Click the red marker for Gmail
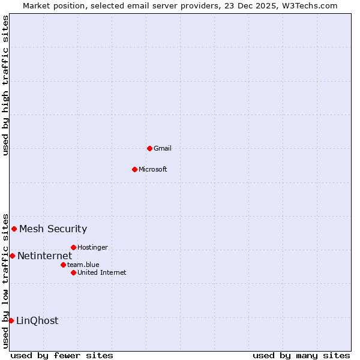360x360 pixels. [x=149, y=148]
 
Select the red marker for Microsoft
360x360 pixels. [x=134, y=169]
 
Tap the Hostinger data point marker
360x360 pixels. [x=73, y=247]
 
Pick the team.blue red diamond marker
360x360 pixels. [x=63, y=265]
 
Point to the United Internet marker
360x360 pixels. [x=73, y=272]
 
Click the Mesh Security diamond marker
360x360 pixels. [x=14, y=229]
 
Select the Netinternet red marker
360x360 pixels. [x=12, y=256]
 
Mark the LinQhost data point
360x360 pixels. [x=11, y=320]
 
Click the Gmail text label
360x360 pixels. [x=163, y=148]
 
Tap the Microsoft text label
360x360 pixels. [x=152, y=169]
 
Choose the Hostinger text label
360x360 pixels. [x=92, y=247]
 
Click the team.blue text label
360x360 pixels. [x=83, y=265]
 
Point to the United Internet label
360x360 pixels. [x=101, y=272]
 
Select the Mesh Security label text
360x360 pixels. [x=53, y=229]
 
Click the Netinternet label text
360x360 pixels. [x=44, y=256]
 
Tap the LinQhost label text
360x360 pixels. [x=37, y=321]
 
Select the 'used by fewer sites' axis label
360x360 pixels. [x=62, y=355]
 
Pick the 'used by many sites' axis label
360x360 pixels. [x=301, y=355]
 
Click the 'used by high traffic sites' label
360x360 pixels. [x=5, y=85]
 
